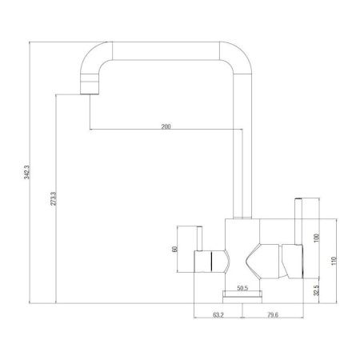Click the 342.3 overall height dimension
click(27, 171)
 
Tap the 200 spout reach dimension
click(166, 127)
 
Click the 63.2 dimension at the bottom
click(218, 314)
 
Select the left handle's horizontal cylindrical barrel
click(209, 259)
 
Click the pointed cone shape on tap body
click(256, 259)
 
